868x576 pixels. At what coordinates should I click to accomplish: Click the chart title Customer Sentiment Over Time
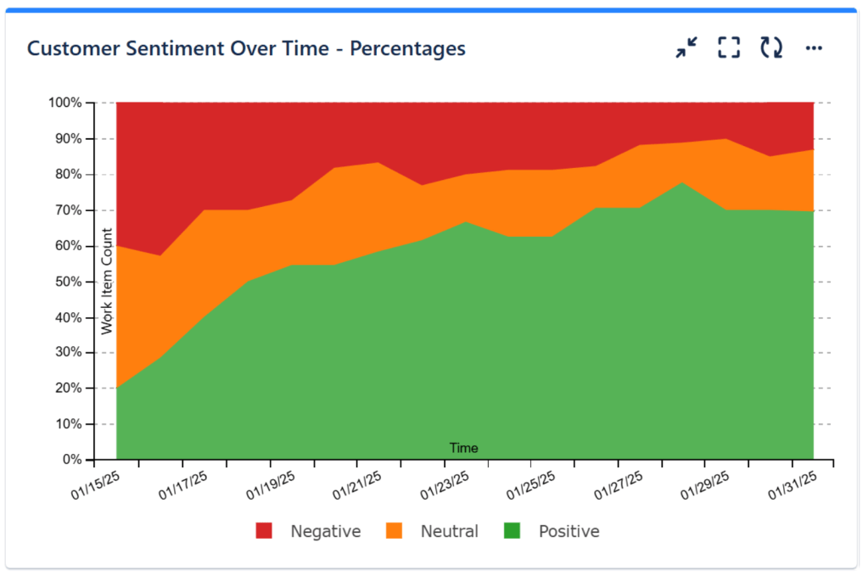click(246, 48)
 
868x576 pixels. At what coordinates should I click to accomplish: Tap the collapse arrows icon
click(686, 48)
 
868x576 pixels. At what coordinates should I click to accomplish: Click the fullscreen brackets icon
click(729, 48)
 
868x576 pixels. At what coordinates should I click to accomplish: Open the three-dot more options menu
click(814, 48)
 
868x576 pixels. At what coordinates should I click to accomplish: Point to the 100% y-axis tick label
click(65, 103)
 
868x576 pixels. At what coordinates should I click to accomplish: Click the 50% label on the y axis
click(68, 282)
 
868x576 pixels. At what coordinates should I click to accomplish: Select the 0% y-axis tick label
click(71, 460)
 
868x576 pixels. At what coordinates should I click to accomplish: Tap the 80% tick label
click(68, 175)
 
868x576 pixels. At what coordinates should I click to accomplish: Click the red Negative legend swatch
click(264, 531)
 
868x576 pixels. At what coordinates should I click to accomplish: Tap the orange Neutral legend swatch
click(395, 531)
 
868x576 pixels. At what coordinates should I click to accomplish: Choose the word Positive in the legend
click(568, 532)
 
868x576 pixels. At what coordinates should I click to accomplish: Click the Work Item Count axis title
click(107, 282)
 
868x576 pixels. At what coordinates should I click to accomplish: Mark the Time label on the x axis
click(463, 448)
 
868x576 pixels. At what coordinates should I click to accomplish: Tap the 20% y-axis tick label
click(68, 389)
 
